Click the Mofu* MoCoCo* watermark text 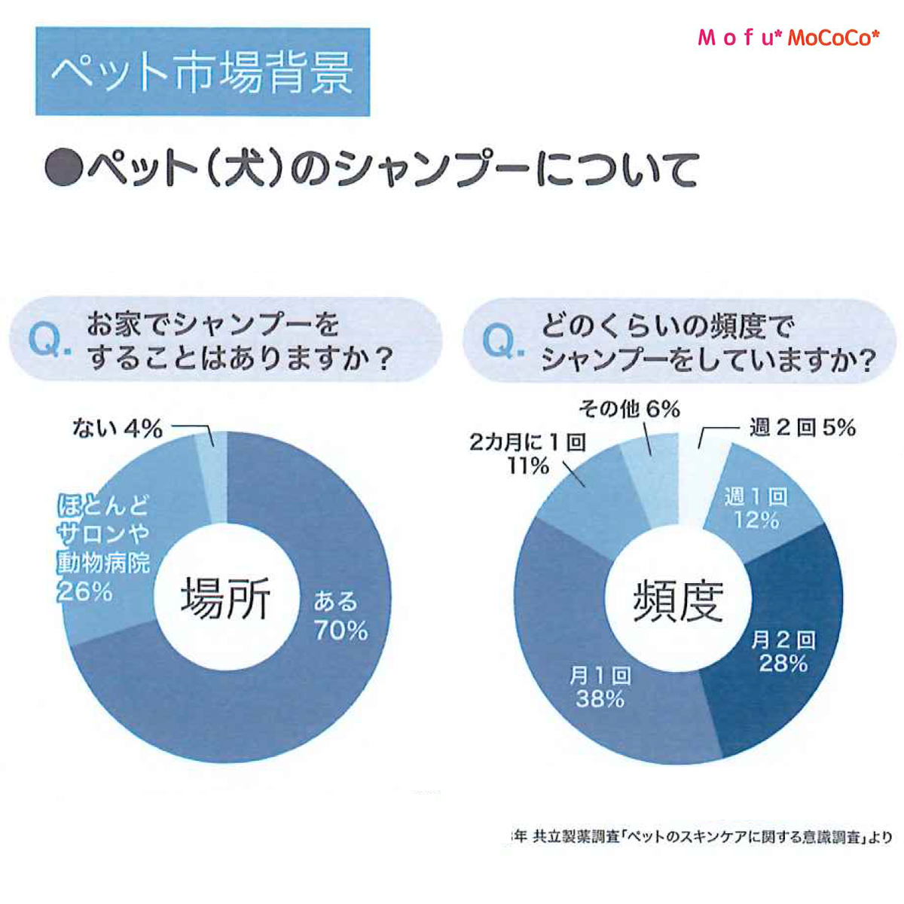pos(788,38)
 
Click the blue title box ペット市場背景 pos(203,72)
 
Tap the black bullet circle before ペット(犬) pos(64,169)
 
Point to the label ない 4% pos(118,429)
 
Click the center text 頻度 pos(678,600)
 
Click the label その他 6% pos(629,409)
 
